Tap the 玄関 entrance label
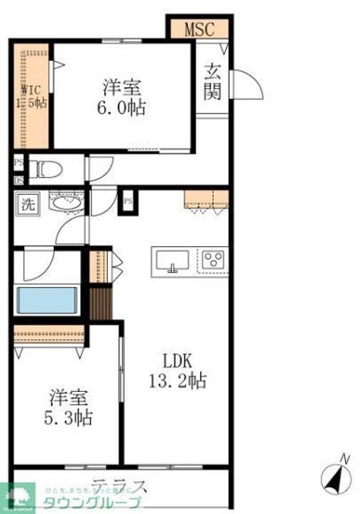tap(213, 82)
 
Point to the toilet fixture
tap(49, 170)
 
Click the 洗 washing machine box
tap(26, 203)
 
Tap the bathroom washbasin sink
tap(66, 202)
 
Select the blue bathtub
tap(48, 300)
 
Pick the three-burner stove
tap(213, 261)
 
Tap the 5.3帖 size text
tap(69, 416)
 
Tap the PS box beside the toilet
tap(18, 163)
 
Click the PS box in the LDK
tap(129, 201)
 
